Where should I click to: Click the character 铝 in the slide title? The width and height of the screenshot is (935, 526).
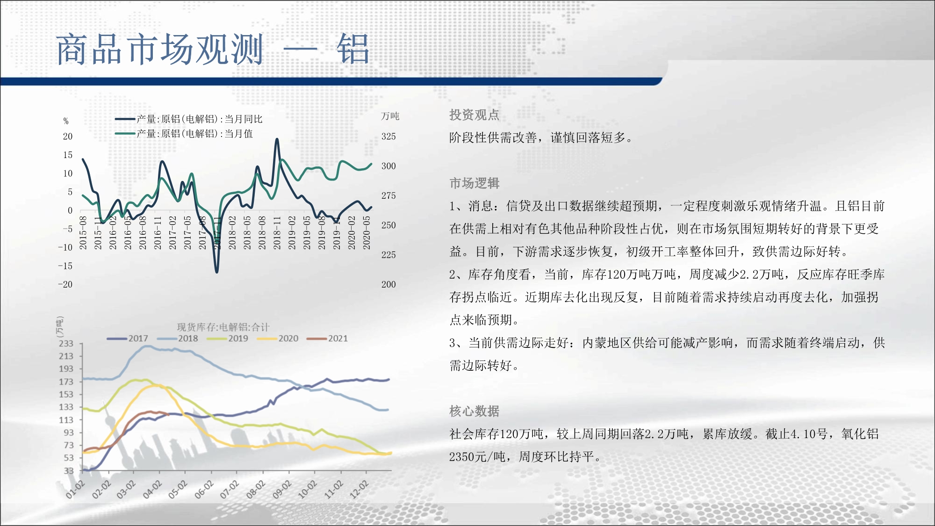tap(353, 49)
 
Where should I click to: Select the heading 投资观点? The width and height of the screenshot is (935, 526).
tap(474, 115)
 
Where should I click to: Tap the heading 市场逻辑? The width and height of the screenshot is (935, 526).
tap(474, 183)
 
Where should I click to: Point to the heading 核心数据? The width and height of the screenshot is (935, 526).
tap(474, 411)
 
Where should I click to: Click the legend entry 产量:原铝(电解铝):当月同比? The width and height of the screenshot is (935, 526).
tap(189, 119)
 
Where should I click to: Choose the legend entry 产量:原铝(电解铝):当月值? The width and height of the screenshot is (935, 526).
tap(184, 134)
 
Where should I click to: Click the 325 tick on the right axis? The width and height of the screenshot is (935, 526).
tap(388, 137)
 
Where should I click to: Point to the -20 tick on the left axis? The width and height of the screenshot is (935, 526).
tap(65, 284)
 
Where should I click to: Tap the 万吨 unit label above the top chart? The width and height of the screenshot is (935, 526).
tap(390, 116)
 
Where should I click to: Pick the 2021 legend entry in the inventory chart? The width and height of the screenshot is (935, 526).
tap(327, 339)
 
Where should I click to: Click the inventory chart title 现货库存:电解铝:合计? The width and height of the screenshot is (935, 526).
tap(223, 327)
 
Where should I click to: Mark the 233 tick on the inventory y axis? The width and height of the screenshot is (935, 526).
tap(66, 344)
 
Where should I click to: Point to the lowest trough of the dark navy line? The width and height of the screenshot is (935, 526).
tap(216, 272)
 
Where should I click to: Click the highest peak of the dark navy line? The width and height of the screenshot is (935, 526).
tap(277, 139)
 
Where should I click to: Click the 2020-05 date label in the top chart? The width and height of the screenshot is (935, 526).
tap(367, 232)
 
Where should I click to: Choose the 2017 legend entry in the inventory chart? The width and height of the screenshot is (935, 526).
tap(128, 339)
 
